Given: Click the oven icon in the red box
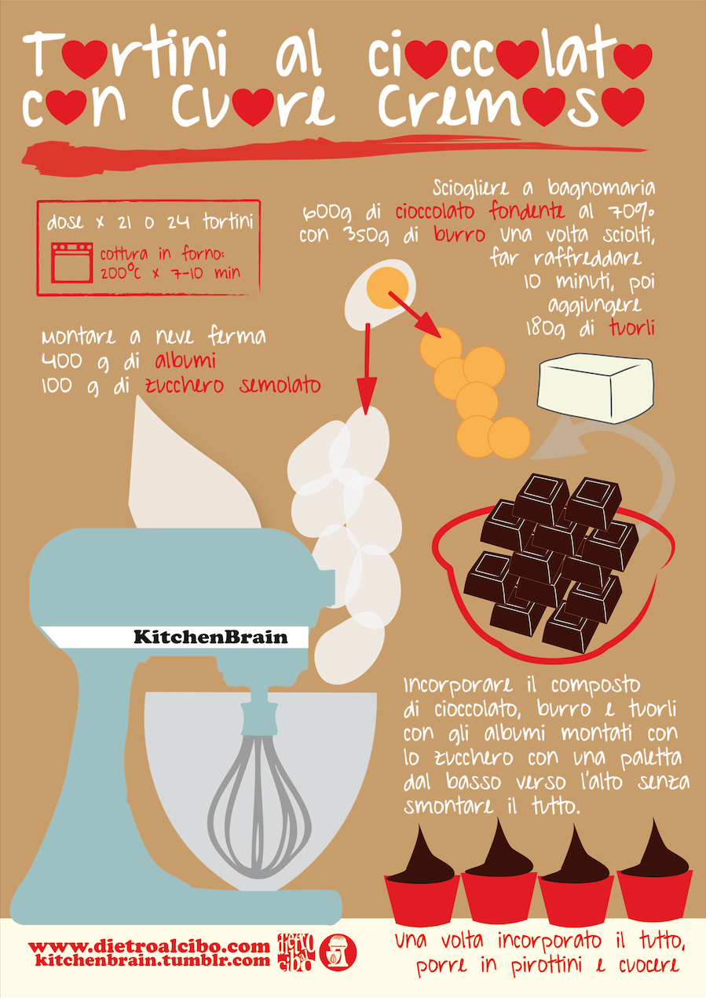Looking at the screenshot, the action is coord(71,262).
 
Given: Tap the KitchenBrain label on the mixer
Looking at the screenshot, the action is coord(210,637).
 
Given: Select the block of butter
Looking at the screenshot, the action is coord(595,388).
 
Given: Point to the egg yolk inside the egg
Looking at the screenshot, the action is coord(387,288).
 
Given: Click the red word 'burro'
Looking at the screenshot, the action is coord(459,235).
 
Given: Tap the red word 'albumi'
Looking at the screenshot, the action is coord(185,361).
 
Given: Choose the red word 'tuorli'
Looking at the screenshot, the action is coord(632,328).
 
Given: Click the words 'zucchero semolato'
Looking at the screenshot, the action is coord(233,386).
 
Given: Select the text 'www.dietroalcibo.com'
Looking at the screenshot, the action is coord(149,946).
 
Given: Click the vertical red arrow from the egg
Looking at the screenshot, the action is coord(367,369).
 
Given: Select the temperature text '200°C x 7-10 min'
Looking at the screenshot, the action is coord(170,272).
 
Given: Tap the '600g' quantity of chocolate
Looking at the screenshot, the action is coord(327,213).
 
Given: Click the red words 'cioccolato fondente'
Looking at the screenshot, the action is coord(480,211).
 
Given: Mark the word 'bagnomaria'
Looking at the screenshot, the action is coord(602,188).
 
